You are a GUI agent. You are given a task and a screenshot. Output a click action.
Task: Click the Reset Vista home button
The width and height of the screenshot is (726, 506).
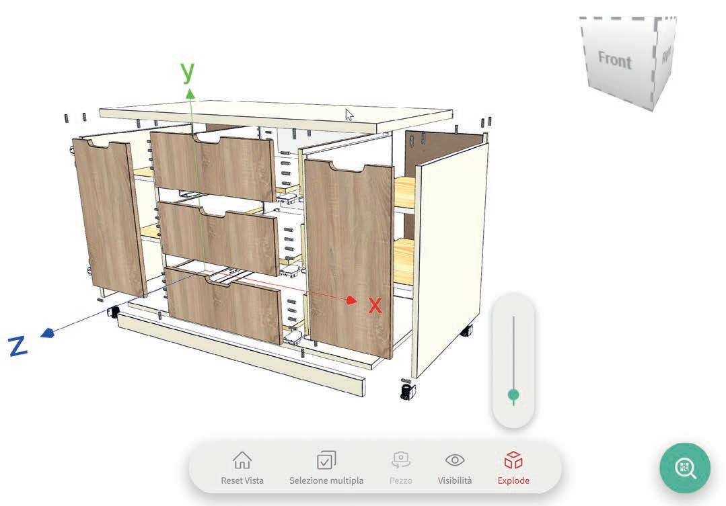coord(242,461)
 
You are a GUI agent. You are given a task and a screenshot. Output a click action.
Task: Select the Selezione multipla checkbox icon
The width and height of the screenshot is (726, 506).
coord(326,461)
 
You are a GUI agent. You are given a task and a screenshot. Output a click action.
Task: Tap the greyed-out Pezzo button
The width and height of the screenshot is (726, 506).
coord(400,461)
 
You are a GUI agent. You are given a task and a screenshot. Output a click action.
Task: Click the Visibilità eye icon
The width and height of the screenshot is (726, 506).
coord(455,460)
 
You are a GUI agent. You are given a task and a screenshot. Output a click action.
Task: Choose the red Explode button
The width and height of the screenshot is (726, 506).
coord(513,461)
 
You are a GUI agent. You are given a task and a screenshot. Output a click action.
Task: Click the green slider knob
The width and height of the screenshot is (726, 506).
coord(513,394)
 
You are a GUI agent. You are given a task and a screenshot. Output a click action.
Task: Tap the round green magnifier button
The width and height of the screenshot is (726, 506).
coord(685,468)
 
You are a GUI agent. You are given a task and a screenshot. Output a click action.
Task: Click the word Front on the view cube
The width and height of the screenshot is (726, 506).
coord(615,60)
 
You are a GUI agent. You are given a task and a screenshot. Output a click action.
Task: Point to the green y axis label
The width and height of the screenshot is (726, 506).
coord(188,71)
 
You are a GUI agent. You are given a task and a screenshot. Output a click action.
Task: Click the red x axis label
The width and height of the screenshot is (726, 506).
coord(375,306)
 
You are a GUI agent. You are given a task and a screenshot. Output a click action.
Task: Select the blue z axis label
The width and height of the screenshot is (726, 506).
coord(18,346)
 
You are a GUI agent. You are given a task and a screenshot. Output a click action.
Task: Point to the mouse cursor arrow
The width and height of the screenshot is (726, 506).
coord(349,114)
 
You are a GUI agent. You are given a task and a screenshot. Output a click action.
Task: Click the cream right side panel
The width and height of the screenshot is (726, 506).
coord(449,255)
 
